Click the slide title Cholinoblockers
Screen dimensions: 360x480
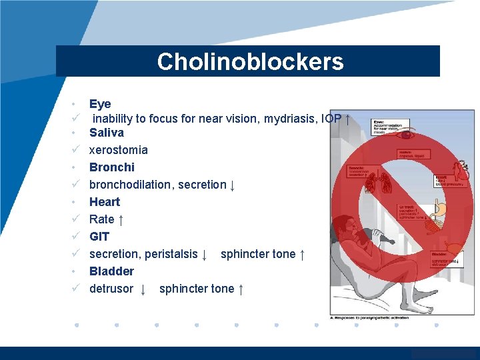click(250, 61)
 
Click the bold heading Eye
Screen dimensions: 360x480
click(100, 104)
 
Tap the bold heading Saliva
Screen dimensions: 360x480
click(107, 133)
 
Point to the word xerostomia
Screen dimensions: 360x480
click(119, 150)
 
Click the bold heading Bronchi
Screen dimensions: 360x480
click(112, 167)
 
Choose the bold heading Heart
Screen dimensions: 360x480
click(105, 202)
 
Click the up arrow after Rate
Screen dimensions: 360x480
click(121, 219)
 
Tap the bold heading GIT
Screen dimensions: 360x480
click(99, 237)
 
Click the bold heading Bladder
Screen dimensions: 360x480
click(111, 271)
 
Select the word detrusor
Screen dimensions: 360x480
click(111, 289)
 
